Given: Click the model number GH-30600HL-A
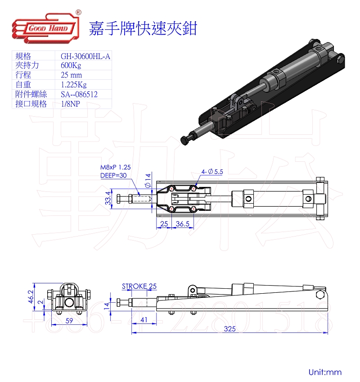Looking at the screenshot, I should (85, 56).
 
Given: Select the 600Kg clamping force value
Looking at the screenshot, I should (71, 66).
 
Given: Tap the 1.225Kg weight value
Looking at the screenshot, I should (74, 85).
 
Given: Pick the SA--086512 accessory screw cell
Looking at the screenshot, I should (79, 94).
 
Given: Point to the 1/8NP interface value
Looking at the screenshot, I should (71, 104).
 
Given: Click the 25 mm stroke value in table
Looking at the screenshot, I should (72, 75).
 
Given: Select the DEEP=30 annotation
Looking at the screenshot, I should (113, 175).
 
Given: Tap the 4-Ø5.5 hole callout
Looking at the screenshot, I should (213, 172).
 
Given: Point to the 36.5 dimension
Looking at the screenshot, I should (182, 224).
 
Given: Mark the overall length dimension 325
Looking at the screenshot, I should (229, 329).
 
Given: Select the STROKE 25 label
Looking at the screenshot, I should (139, 286).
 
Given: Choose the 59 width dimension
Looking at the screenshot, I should (69, 321).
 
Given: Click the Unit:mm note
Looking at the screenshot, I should (325, 372).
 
